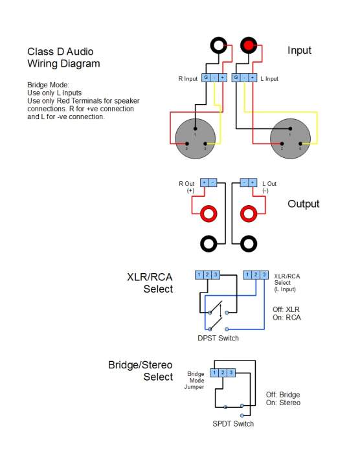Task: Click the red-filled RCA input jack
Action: coord(249,45)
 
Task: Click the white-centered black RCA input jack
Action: coord(219,45)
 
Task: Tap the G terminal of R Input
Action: coord(206,78)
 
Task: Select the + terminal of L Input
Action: coord(253,78)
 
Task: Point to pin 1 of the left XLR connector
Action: coord(195,129)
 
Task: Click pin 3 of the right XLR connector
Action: coord(300,144)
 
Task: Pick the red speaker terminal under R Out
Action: coord(208,214)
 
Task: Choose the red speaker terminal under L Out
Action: coord(249,214)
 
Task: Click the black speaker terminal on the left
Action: coord(208,244)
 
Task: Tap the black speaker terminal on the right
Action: coord(249,244)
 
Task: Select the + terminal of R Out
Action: coord(205,183)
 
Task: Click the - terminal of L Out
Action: coord(244,183)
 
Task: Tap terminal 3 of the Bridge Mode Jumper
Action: coord(231,373)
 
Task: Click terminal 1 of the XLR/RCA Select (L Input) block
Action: coord(247,274)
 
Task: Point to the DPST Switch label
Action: coord(218,338)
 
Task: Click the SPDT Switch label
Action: coord(233,424)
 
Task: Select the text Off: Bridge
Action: coord(283,395)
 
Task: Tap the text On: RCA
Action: coord(287,317)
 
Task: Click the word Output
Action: coord(304,204)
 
